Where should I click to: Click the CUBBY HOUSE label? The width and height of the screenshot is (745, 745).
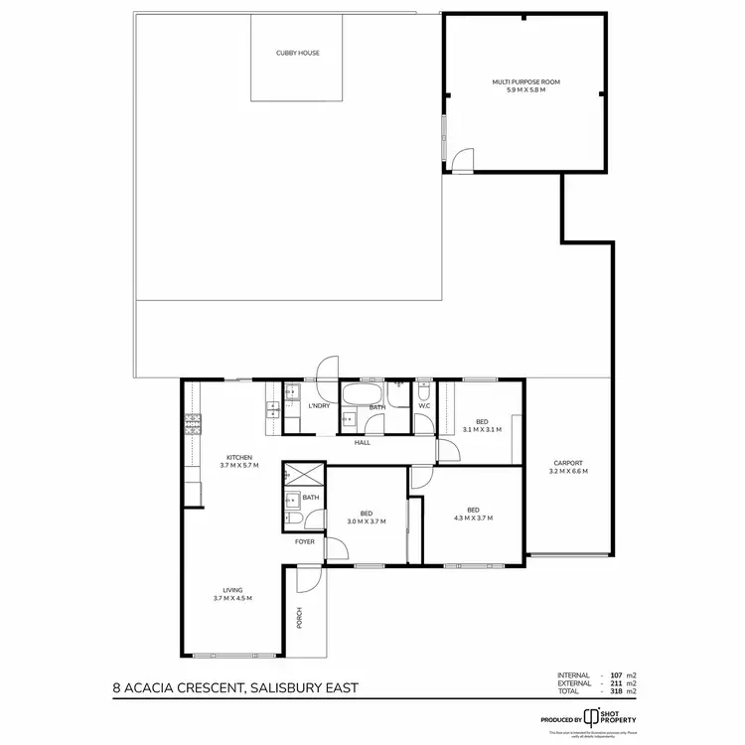(x=298, y=53)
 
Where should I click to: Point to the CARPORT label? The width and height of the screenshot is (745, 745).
(x=568, y=463)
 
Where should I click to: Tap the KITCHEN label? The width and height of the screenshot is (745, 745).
(x=237, y=457)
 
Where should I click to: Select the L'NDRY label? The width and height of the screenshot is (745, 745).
(x=319, y=406)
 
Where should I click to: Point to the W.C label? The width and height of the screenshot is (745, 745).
(x=423, y=405)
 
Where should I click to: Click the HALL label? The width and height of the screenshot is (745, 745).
(x=363, y=442)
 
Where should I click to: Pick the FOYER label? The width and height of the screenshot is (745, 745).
(x=304, y=542)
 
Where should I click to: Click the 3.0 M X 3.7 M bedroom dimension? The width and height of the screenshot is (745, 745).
(x=366, y=521)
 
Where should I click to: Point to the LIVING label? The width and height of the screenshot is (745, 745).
(x=232, y=590)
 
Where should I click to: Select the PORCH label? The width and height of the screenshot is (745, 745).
(x=299, y=617)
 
